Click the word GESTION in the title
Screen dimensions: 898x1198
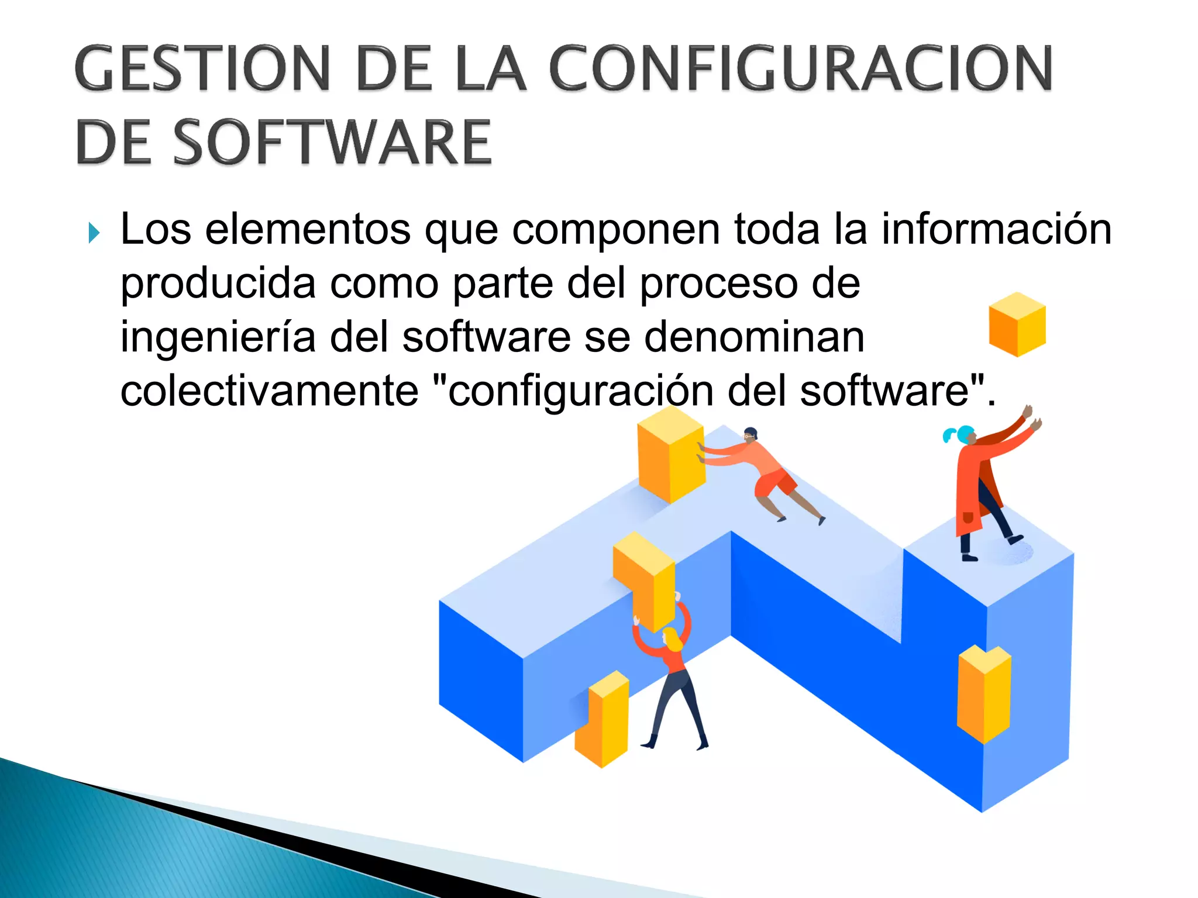coord(202,69)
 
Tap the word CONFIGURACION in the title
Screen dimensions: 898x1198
coord(801,69)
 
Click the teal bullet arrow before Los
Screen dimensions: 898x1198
coord(94,233)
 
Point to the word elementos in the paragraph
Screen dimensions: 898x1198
coord(308,229)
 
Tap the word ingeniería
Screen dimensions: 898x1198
coord(218,338)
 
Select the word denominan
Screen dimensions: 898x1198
coord(754,338)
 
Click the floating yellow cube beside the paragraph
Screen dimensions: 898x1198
coord(1017,324)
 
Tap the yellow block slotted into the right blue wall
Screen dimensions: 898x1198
coord(984,693)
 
